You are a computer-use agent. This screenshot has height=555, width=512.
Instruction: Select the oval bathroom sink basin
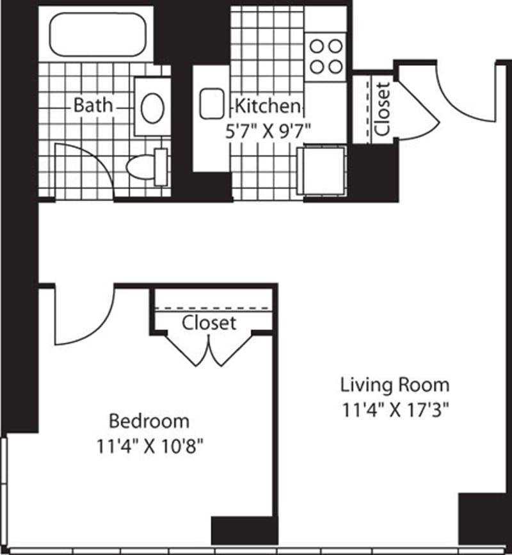coord(152,108)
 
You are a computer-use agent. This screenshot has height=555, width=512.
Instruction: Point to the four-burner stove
coord(326,57)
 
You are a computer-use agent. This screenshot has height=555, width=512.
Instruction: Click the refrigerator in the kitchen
coord(323,169)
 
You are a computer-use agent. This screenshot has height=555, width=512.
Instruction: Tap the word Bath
coord(93,105)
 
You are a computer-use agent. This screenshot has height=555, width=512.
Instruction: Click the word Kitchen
coord(268,106)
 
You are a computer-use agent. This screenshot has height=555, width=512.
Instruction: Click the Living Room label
coord(394,385)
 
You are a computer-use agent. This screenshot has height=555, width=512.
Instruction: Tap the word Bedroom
coord(149,421)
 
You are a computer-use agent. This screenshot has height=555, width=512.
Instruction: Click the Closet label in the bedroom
coord(209,323)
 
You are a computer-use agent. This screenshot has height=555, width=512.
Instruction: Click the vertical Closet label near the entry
coord(382,108)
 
